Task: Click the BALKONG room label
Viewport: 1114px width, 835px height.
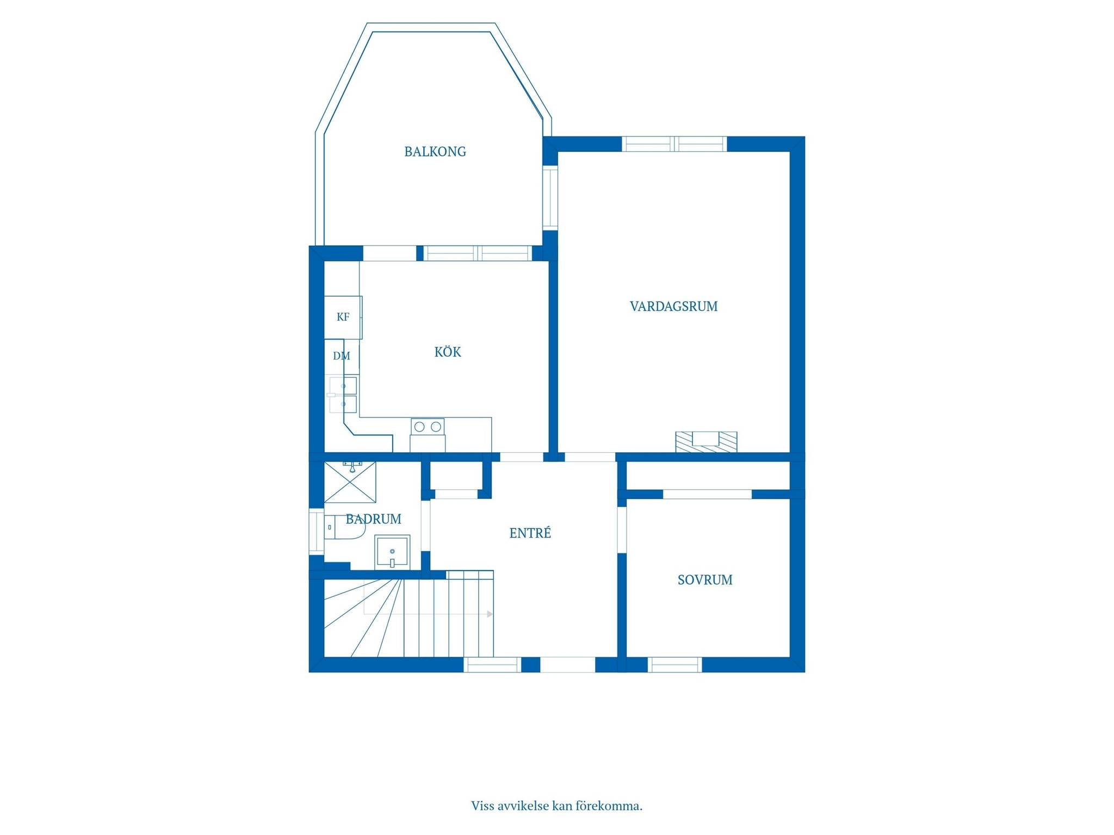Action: pos(435,152)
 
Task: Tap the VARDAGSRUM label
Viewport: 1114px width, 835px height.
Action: pos(673,307)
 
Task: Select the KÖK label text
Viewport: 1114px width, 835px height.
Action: pos(448,352)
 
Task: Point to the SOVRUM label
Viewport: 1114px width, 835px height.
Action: pos(705,580)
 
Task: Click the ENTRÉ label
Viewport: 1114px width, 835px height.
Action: pos(530,533)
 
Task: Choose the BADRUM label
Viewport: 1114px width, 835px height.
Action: pos(374,519)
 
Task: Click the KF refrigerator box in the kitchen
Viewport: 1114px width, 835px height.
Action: pos(343,317)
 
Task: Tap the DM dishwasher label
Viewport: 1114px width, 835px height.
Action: pos(342,356)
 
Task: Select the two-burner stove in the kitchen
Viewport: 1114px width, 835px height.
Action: pos(428,427)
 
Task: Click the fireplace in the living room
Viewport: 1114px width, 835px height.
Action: pos(706,441)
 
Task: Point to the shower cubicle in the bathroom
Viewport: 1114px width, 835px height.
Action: pos(350,482)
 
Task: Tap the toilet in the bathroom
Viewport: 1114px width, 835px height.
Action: pos(344,527)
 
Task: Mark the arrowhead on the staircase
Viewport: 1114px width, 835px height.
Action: pos(490,614)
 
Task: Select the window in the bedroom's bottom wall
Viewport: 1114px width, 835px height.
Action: pos(674,665)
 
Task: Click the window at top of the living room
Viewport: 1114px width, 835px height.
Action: pos(674,144)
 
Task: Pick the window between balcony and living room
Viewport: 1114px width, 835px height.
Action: pos(550,197)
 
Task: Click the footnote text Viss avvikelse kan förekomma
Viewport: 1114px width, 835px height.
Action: pos(557,806)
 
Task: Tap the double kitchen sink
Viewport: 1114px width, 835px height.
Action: pos(343,395)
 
